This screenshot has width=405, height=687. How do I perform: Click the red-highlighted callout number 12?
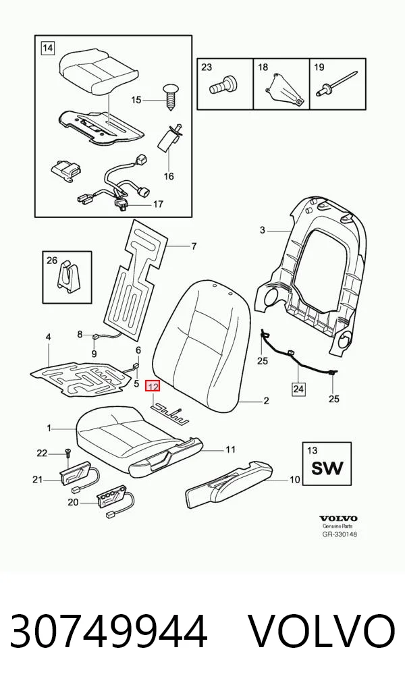[153, 387]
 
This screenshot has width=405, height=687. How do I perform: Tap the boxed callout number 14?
[48, 47]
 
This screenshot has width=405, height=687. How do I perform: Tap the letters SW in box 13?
[327, 468]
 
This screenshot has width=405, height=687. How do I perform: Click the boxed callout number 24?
[299, 388]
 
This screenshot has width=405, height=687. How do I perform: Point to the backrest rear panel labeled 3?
[313, 276]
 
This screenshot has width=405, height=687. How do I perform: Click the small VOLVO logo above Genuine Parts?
[338, 519]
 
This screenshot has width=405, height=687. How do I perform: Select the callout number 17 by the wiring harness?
[158, 204]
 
